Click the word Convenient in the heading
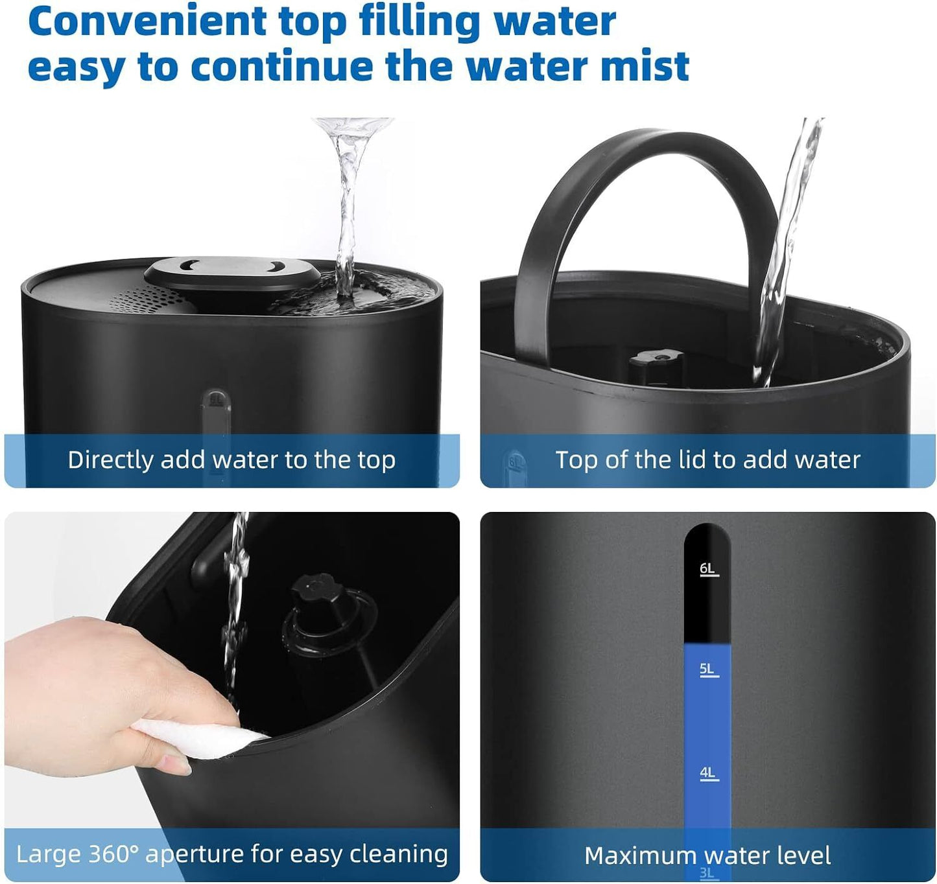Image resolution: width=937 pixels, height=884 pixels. pyautogui.click(x=147, y=21)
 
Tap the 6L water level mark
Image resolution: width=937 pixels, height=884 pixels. pyautogui.click(x=707, y=569)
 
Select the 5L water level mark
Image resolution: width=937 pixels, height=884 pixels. pyautogui.click(x=707, y=669)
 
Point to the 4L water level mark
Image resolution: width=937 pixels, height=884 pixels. pyautogui.click(x=707, y=773)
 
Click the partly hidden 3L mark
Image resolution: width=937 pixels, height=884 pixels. pyautogui.click(x=707, y=874)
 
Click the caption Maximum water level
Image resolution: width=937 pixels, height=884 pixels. pyautogui.click(x=707, y=855)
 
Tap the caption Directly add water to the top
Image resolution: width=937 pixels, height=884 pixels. pyautogui.click(x=231, y=460)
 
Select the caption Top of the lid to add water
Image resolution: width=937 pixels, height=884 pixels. pyautogui.click(x=707, y=460)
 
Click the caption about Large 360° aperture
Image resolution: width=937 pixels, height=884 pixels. pyautogui.click(x=231, y=854)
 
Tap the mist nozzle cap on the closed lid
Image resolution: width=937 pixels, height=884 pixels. pyautogui.click(x=232, y=271)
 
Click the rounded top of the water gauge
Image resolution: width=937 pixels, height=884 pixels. pyautogui.click(x=707, y=535)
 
